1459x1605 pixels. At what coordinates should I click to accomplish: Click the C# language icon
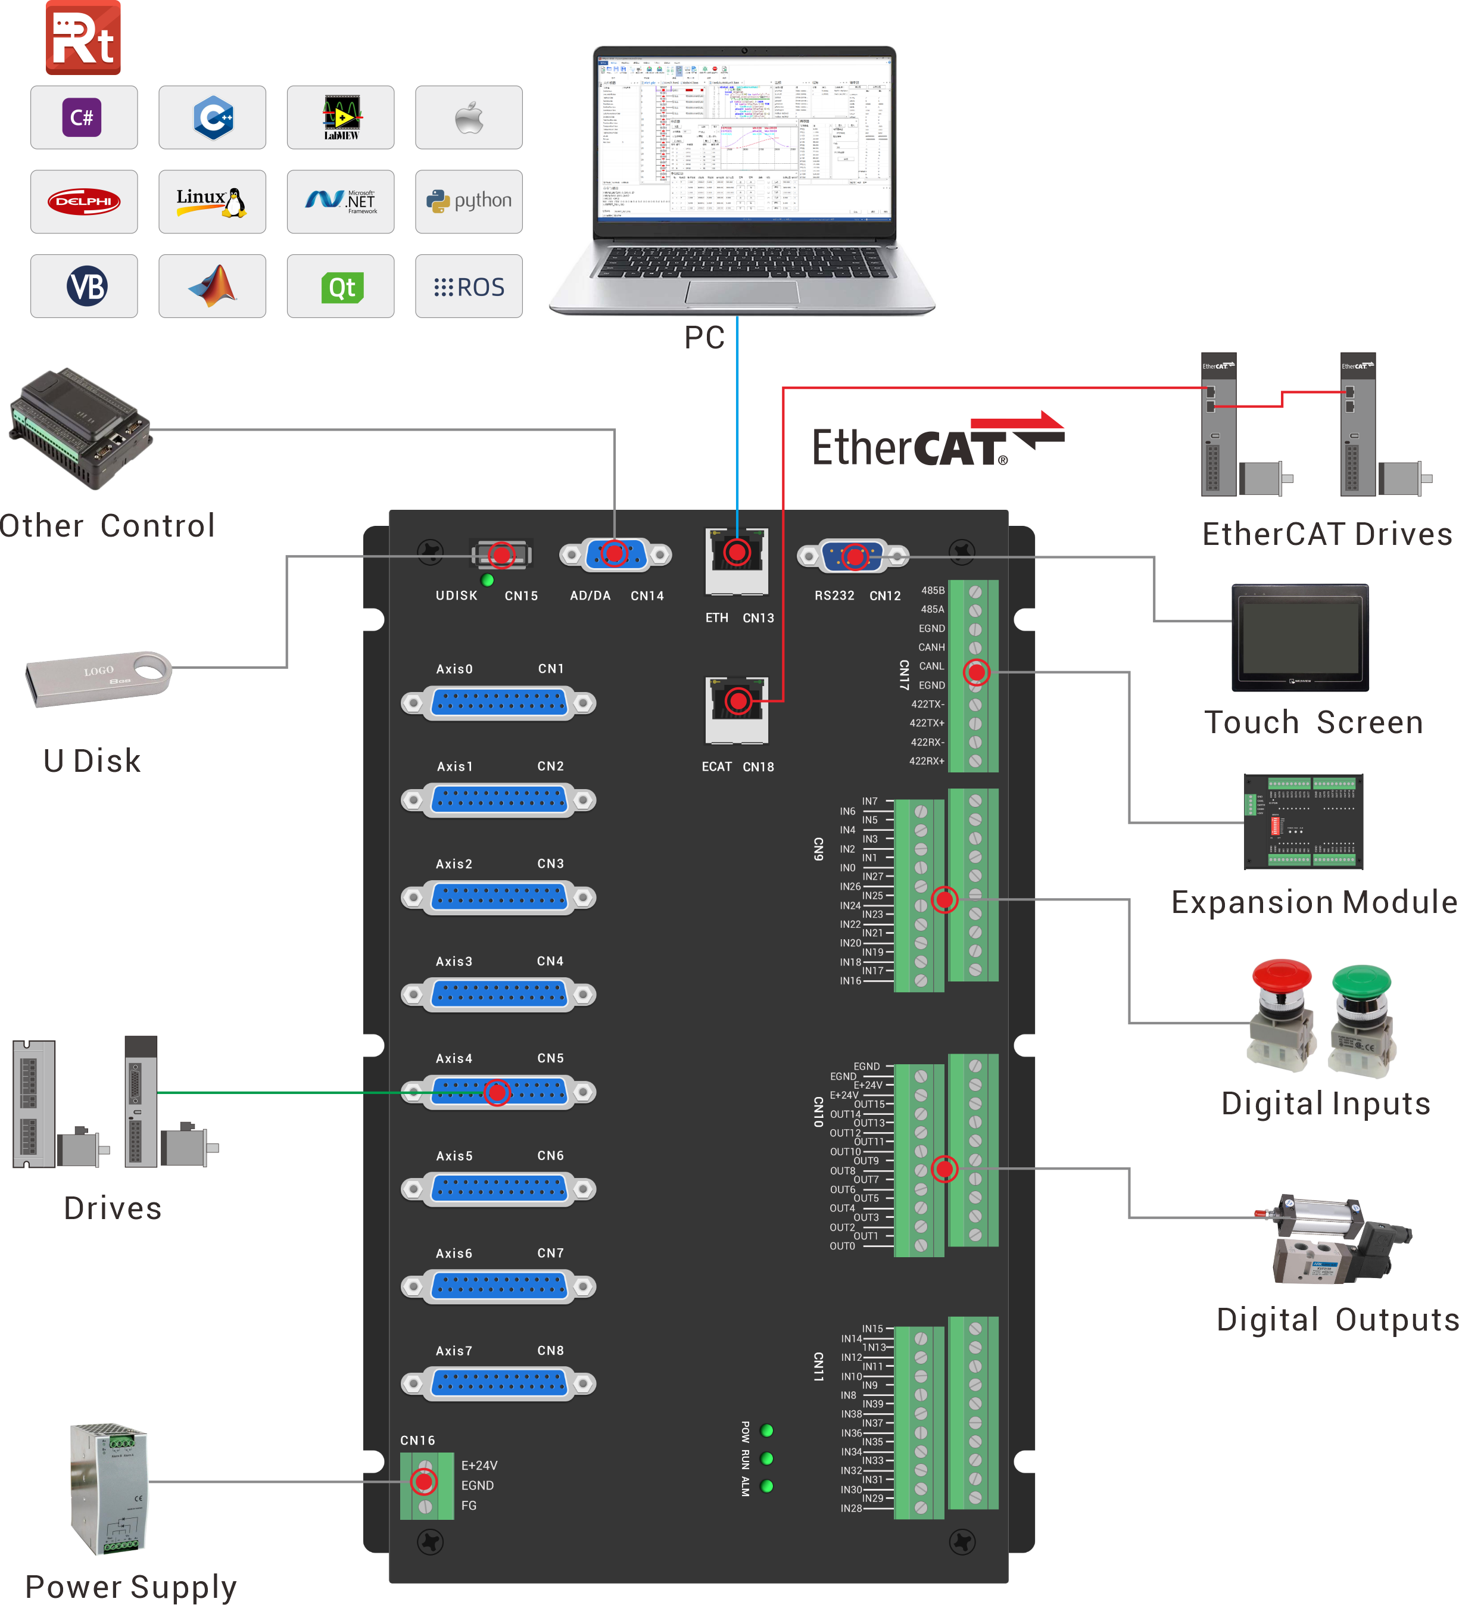coord(83,118)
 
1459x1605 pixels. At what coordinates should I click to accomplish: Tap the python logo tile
coord(469,201)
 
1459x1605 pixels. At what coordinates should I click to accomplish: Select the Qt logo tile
coord(341,286)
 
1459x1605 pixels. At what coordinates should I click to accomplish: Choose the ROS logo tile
coord(469,286)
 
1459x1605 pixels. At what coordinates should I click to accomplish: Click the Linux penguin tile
coord(212,201)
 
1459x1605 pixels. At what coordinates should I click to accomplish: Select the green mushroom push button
coord(1362,1019)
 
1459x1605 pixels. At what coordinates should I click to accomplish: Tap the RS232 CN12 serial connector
coord(853,556)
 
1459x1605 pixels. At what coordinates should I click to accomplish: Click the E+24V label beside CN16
coord(479,1466)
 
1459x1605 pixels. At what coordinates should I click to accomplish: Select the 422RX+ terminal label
coord(927,761)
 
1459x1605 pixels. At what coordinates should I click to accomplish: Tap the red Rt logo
coord(83,38)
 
